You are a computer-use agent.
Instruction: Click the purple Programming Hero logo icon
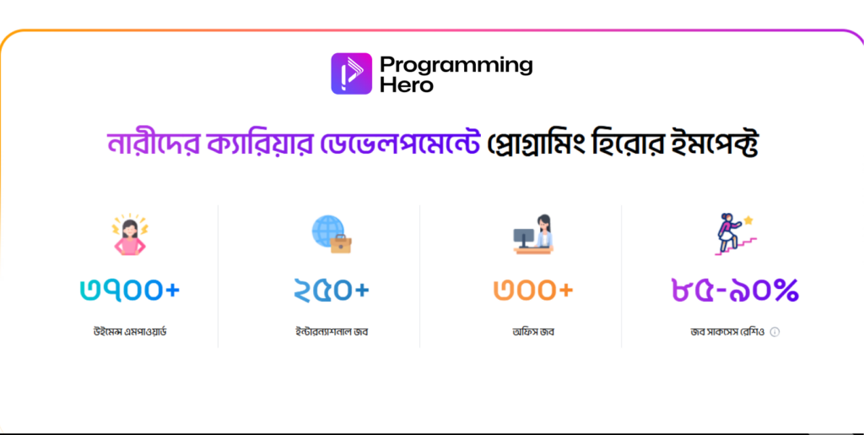coord(351,73)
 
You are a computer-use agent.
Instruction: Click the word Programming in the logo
coord(456,64)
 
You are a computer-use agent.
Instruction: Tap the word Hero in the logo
coord(406,84)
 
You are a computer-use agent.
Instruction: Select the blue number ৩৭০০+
coord(130,290)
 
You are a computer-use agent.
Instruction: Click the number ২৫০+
coord(332,290)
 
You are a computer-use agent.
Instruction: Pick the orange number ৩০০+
coord(533,290)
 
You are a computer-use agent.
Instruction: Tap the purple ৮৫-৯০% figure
coord(735,290)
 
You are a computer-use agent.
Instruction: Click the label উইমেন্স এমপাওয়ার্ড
coord(130,331)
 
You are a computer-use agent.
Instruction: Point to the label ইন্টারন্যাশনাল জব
coord(331,331)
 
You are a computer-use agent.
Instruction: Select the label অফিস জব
coord(533,331)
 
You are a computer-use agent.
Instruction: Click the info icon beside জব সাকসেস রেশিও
coord(775,332)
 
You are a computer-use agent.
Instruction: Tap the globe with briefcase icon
coord(332,235)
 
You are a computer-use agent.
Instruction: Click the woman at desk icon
coord(533,234)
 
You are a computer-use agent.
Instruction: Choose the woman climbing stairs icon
coord(734,234)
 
